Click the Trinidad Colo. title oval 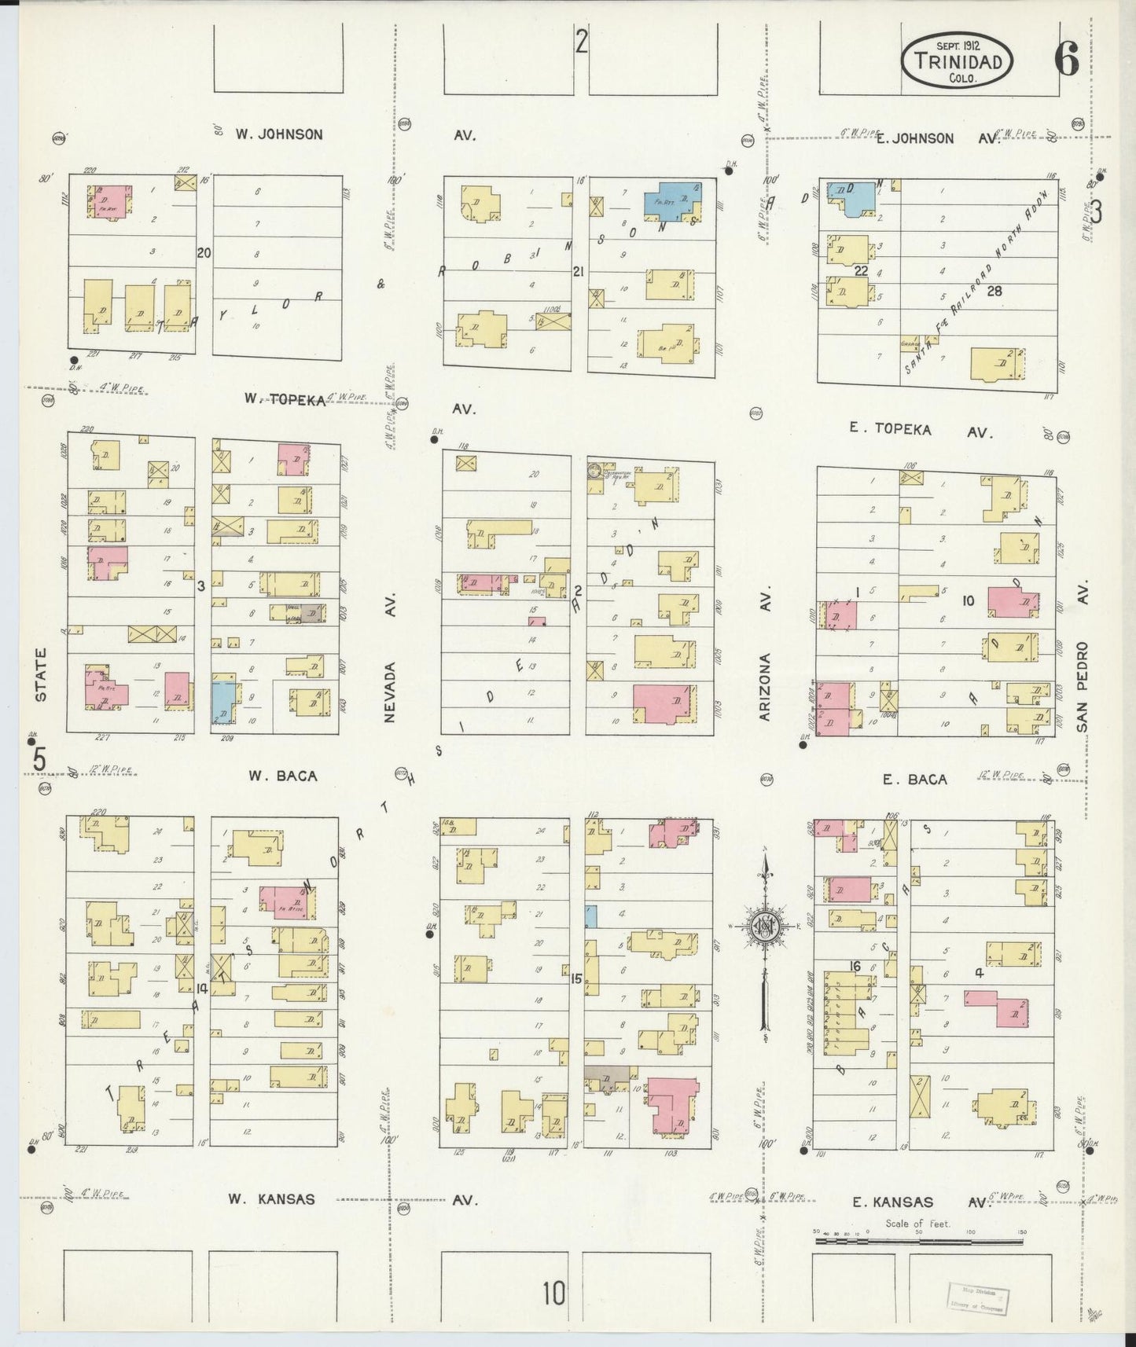(957, 59)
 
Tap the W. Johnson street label (278, 134)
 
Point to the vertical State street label (41, 674)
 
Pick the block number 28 (994, 290)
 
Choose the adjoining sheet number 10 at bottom (553, 1293)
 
